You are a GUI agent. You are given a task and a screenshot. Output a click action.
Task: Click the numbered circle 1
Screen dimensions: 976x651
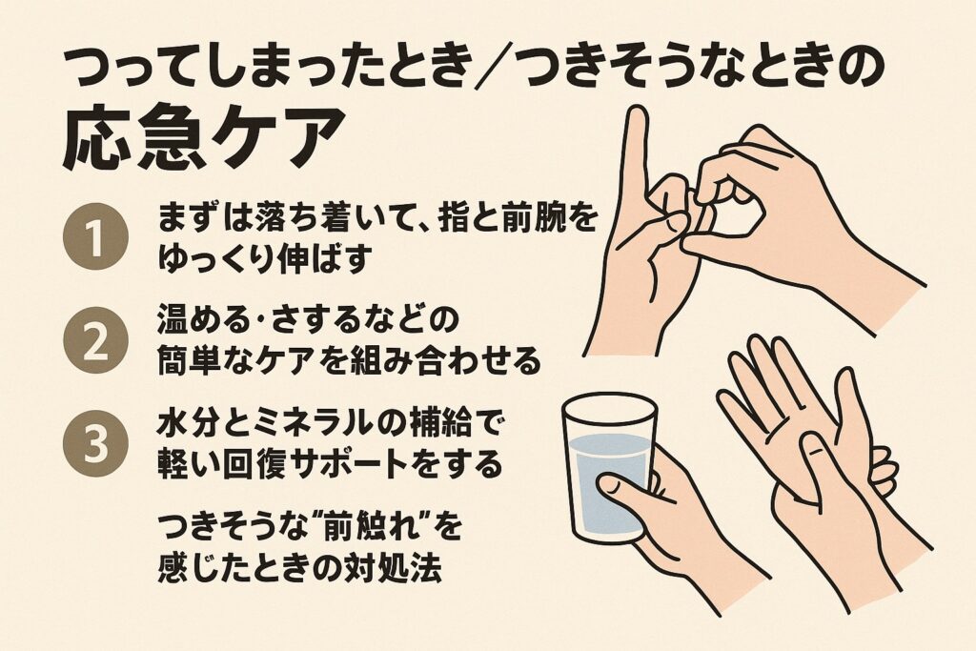96,238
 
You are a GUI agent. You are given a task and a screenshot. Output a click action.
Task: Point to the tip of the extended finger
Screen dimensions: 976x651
636,112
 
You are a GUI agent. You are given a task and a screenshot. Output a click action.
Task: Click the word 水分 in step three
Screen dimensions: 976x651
181,425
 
